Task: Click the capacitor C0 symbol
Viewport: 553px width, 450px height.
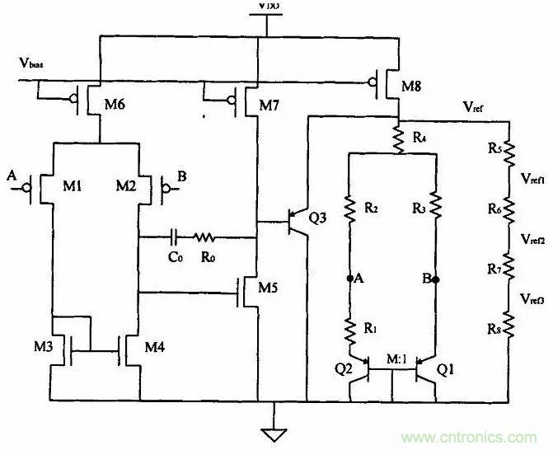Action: (175, 237)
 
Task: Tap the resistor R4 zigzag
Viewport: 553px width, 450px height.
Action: (398, 137)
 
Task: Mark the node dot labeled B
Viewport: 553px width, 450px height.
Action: (436, 279)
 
